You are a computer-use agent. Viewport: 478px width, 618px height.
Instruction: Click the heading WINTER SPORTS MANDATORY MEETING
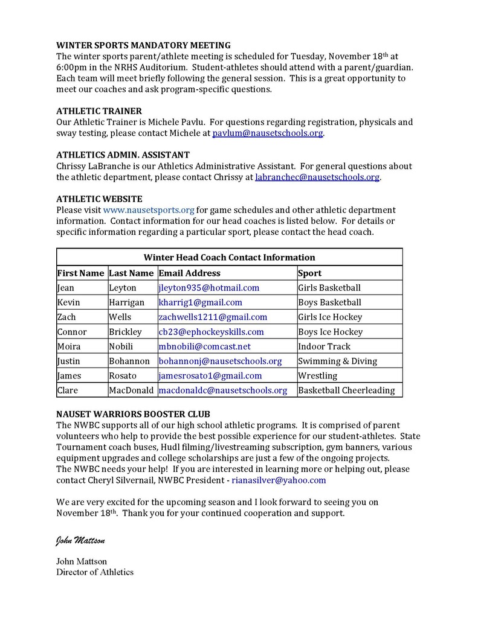point(143,45)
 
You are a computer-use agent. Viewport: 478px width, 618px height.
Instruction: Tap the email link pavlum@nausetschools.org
point(267,133)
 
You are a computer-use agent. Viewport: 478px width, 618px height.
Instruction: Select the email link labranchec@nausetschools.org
point(317,177)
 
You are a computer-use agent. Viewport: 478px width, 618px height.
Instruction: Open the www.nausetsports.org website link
point(149,210)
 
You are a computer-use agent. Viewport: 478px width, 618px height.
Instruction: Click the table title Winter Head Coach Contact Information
point(229,257)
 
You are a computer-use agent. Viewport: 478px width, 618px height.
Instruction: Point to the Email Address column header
point(190,273)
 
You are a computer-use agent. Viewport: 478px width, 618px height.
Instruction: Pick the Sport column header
point(309,273)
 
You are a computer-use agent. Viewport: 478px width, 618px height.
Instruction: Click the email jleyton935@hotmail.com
point(208,288)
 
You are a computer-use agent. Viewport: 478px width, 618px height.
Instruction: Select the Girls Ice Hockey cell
point(330,317)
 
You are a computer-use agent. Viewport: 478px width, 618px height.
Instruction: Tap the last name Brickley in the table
point(125,332)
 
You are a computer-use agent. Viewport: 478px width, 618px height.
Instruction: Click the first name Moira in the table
point(68,346)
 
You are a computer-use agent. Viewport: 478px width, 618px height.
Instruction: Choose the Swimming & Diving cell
point(337,361)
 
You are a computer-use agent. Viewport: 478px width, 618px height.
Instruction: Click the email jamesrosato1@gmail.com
point(210,375)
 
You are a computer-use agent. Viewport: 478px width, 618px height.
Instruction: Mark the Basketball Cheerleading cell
point(346,390)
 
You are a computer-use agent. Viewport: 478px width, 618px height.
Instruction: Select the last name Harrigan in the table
point(126,302)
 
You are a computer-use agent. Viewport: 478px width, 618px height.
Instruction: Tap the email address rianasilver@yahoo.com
point(279,480)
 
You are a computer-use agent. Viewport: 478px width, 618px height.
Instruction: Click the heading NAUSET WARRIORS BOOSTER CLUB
point(133,414)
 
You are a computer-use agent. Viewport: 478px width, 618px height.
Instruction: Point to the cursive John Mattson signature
point(80,540)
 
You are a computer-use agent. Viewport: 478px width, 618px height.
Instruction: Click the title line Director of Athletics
point(95,572)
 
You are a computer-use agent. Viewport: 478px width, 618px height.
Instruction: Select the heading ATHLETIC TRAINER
point(99,111)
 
